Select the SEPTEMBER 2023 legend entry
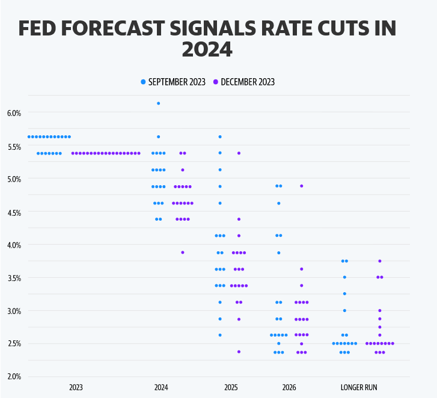tap(173, 82)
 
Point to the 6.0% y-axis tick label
tap(13, 113)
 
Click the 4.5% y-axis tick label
tap(13, 212)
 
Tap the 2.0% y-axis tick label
tap(13, 377)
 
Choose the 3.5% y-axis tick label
tap(13, 278)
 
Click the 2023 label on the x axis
tap(76, 388)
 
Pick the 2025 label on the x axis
tap(231, 388)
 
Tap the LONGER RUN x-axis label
tap(359, 388)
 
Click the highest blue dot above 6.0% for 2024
tap(159, 103)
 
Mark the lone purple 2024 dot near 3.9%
tap(183, 253)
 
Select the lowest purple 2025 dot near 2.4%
tap(239, 352)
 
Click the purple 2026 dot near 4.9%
tap(301, 186)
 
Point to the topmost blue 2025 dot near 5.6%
tap(220, 137)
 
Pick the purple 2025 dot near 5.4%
tap(239, 153)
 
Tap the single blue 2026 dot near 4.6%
tap(279, 203)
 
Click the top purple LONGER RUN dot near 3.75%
tap(380, 261)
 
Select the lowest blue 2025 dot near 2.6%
tap(220, 335)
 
